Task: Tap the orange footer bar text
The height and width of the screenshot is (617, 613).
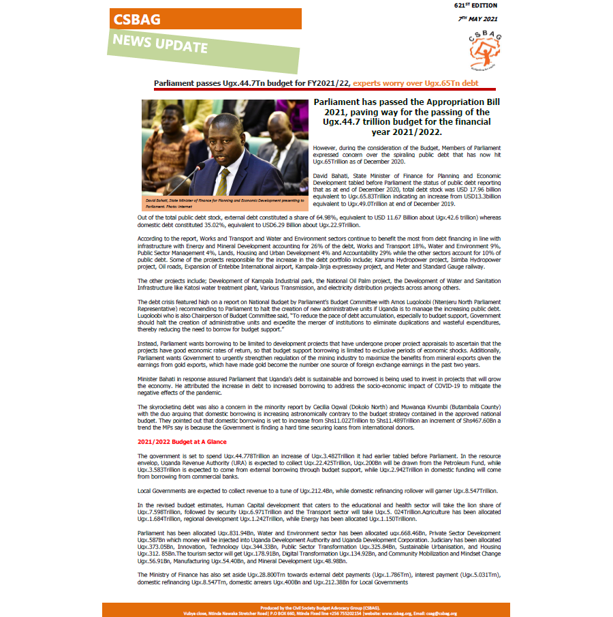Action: pyautogui.click(x=306, y=610)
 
